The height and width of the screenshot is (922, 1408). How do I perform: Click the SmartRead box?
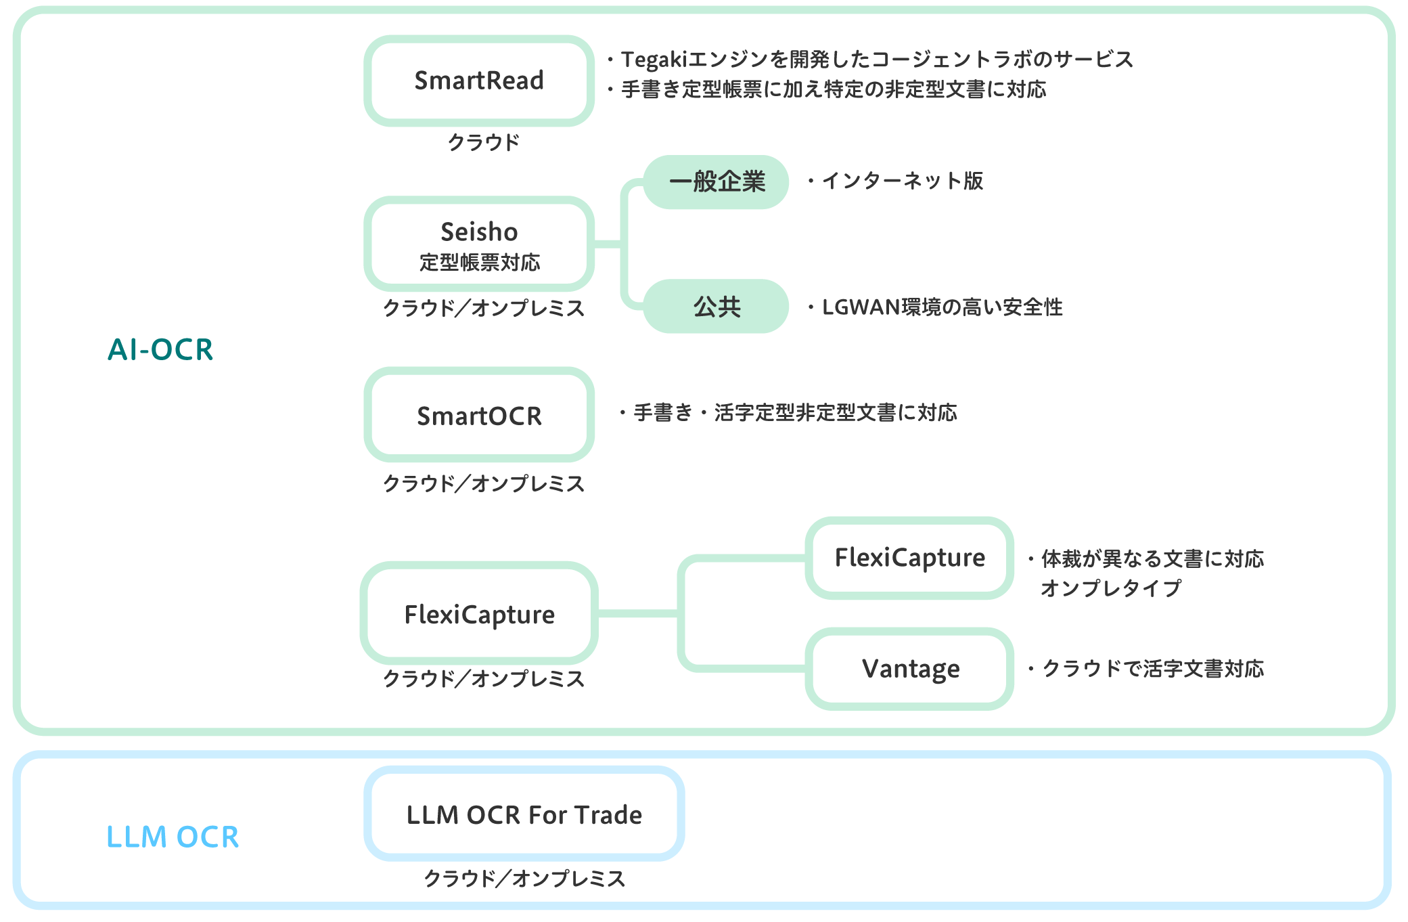coord(479,81)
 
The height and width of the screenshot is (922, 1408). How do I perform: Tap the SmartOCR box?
coord(479,415)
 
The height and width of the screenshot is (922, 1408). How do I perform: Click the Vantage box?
coord(909,669)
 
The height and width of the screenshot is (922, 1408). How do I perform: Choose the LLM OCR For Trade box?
coord(524,814)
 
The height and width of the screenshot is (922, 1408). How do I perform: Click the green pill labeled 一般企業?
coord(716,181)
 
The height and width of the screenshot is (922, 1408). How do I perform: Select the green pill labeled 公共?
coord(716,307)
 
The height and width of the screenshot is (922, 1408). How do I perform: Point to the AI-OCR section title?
coord(160,350)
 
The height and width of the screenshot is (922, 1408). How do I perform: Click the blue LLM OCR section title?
coord(173,837)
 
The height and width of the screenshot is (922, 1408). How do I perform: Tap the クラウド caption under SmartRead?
coord(483,142)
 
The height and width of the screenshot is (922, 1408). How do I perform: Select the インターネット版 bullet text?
coord(903,181)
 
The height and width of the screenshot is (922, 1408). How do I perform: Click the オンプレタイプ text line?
coord(1110,588)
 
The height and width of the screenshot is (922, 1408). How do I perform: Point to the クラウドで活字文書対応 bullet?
coord(1152,669)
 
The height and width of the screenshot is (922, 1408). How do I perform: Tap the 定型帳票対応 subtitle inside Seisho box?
coord(479,263)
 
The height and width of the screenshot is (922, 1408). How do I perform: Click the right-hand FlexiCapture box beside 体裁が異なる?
coord(909,558)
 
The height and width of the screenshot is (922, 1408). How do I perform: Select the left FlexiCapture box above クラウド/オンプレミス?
coord(479,614)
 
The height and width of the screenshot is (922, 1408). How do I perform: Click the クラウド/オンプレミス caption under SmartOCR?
coord(483,483)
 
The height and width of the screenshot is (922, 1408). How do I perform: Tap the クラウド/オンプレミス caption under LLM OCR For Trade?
coord(524,878)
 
